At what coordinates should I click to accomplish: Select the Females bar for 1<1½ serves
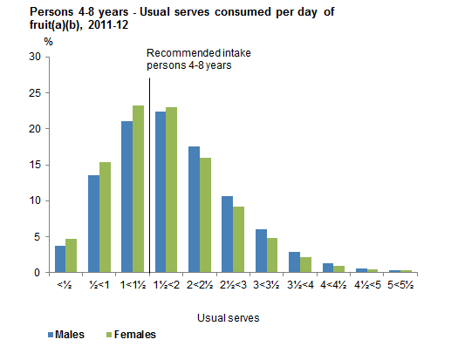[138, 188]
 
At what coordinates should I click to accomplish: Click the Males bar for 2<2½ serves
[194, 209]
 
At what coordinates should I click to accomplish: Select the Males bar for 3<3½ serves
[260, 251]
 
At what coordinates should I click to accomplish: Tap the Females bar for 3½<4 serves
[304, 264]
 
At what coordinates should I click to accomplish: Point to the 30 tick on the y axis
[35, 57]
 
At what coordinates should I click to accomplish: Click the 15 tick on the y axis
[35, 165]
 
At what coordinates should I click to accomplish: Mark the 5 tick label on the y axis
[38, 236]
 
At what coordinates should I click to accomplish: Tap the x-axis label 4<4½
[332, 285]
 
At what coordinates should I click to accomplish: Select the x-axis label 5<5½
[399, 285]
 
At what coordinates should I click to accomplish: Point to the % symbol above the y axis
[36, 42]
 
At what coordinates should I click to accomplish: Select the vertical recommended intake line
[150, 174]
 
